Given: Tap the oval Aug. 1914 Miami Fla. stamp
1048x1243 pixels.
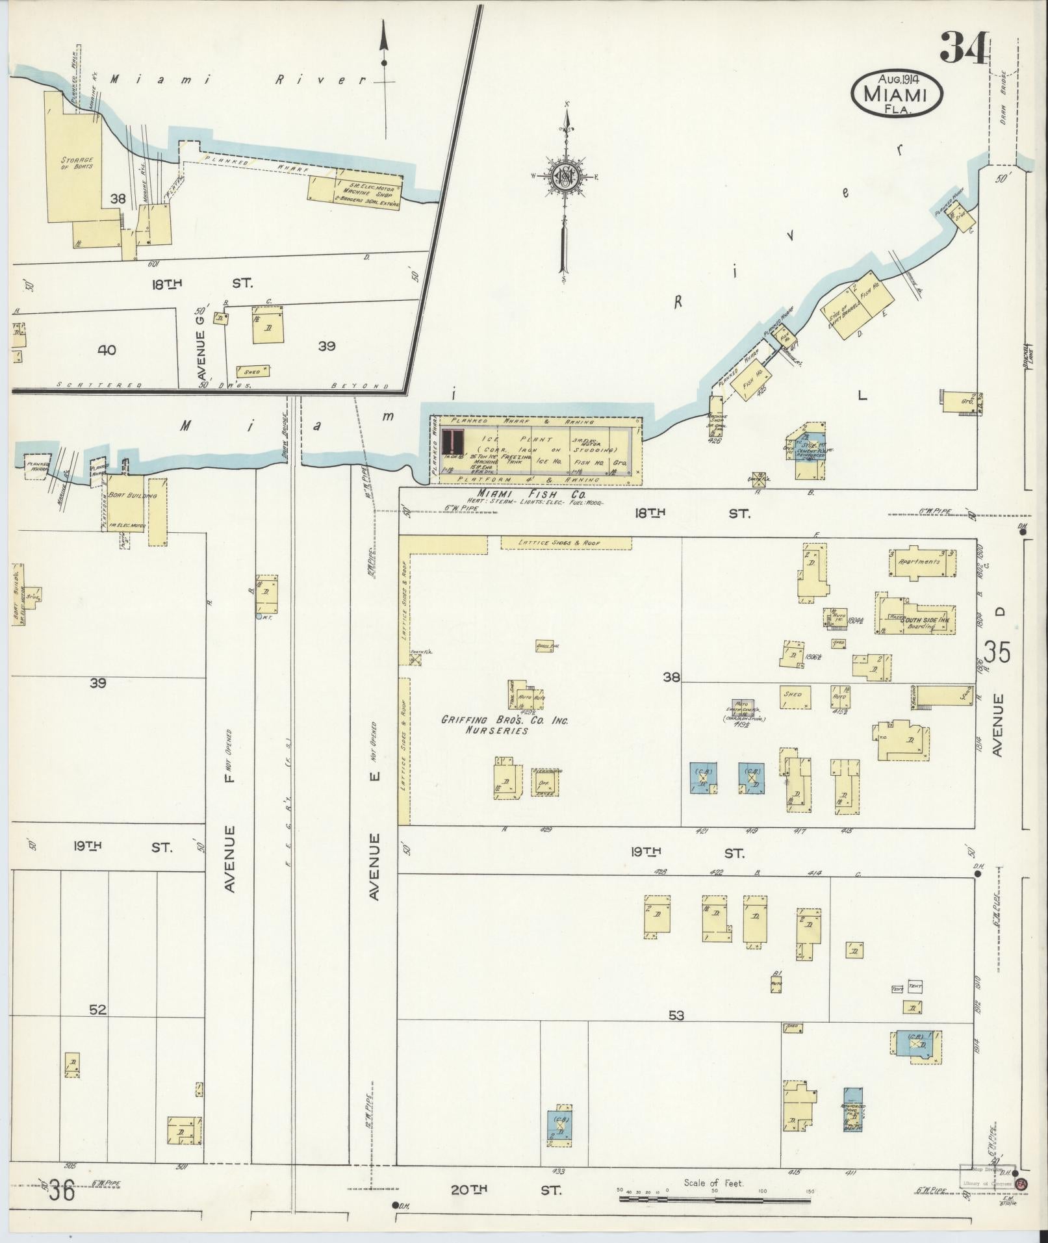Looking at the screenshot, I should tap(897, 94).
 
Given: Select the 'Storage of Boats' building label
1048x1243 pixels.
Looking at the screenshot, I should tap(77, 162).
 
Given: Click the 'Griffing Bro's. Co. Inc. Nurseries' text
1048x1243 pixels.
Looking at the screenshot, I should tap(505, 725).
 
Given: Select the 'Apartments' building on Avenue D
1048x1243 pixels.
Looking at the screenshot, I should tap(918, 561).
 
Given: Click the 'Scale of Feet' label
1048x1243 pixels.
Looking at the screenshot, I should tap(713, 1183).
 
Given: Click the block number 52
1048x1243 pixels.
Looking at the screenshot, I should tap(98, 1028).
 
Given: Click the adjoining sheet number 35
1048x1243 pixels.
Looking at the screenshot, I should tap(997, 652).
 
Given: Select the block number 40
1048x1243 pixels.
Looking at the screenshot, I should tap(107, 350).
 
